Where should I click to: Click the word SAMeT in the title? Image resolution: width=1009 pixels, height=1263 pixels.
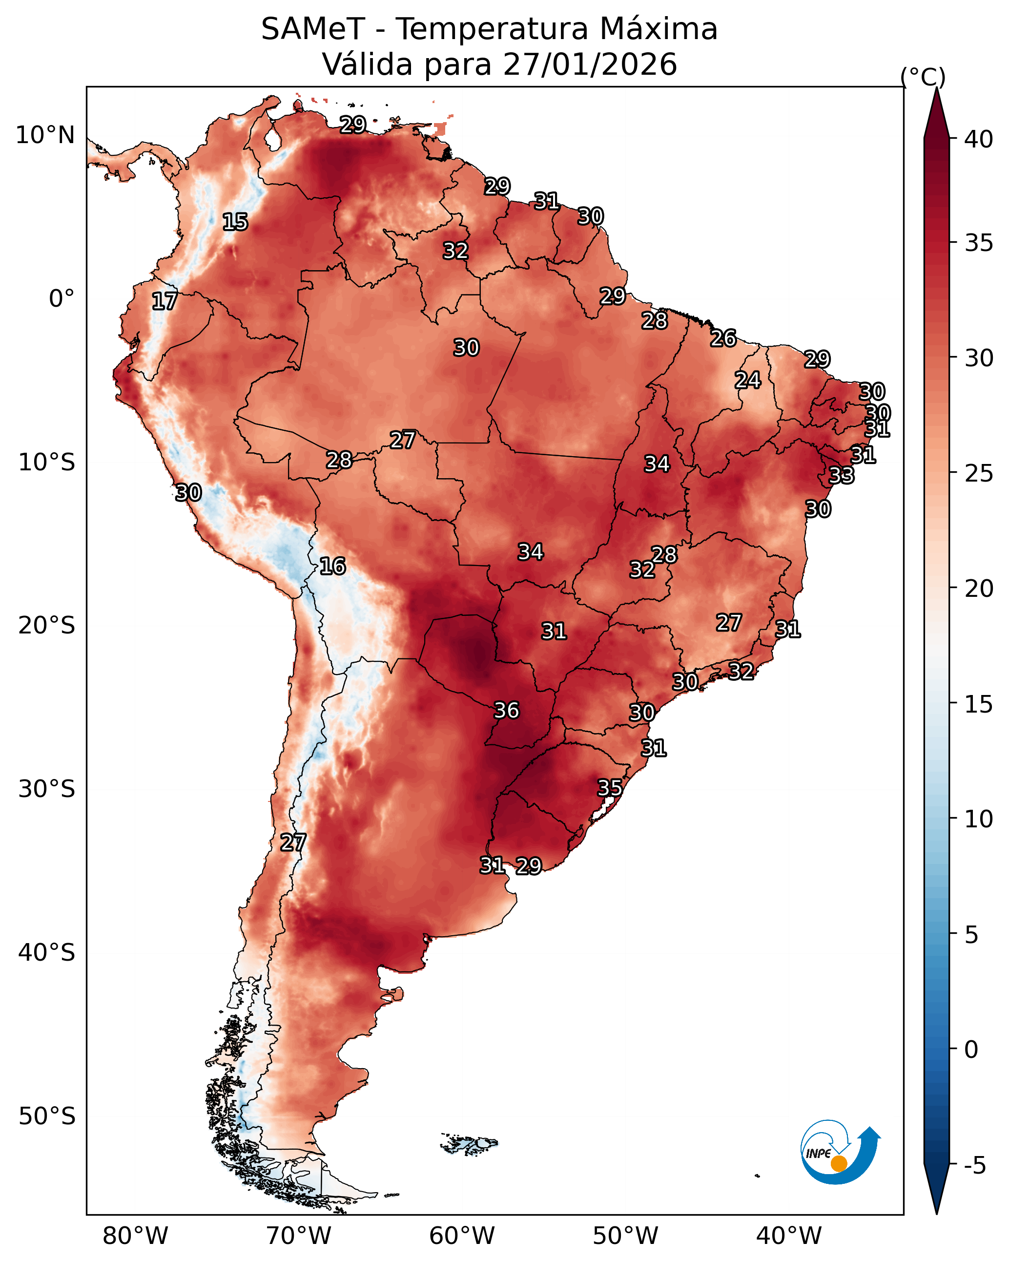coord(313,29)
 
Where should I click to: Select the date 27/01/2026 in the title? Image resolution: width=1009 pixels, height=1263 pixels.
coord(590,64)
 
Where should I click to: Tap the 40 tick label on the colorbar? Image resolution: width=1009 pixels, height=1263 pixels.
coord(979,139)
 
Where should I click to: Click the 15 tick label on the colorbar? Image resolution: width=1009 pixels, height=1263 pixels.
coord(979,704)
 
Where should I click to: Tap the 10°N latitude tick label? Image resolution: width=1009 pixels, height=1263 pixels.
coord(45,135)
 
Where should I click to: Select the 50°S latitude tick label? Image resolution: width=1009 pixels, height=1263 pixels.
coord(47,1116)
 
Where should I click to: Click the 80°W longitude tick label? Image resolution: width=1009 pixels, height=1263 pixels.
coord(135,1236)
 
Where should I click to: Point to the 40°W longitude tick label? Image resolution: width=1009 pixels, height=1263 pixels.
coord(789,1236)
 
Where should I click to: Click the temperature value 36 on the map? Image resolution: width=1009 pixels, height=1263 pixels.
coord(507,711)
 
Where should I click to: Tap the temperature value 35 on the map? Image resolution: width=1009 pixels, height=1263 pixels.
coord(610,788)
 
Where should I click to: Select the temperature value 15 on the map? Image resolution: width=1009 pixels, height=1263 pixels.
coord(235,222)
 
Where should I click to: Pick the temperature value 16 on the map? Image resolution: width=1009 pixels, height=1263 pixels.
coord(332,567)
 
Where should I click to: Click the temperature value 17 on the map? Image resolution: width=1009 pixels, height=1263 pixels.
coord(165,302)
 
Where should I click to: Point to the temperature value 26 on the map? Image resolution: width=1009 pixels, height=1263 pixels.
coord(723,338)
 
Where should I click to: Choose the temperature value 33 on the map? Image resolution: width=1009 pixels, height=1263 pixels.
coord(842,476)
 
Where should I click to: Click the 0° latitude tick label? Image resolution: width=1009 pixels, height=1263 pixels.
coord(62,299)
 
